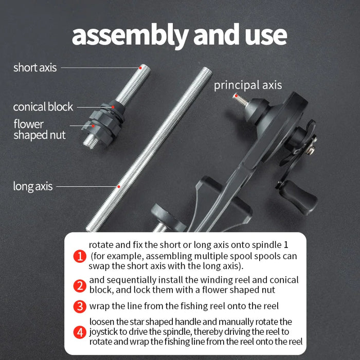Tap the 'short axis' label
(x=35, y=67)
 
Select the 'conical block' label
(x=43, y=107)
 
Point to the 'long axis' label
(x=33, y=186)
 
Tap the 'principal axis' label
(x=248, y=85)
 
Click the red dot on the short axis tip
(x=140, y=66)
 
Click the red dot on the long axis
(x=119, y=186)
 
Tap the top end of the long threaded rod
(x=205, y=70)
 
